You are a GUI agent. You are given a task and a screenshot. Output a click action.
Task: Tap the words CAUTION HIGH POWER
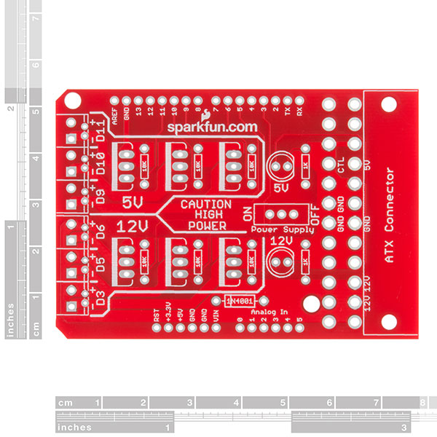(206, 215)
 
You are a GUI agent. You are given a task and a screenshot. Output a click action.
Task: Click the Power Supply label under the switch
(282, 229)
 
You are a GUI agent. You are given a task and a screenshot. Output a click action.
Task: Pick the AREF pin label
(114, 114)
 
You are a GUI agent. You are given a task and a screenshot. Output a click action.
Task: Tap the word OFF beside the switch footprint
(315, 216)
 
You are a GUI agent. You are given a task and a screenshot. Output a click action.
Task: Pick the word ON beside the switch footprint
(248, 213)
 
